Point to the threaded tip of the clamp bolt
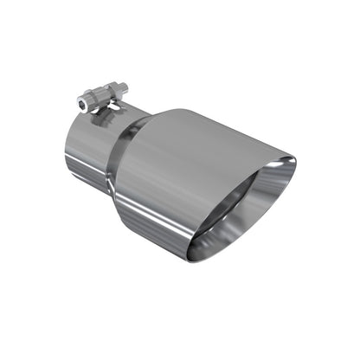pos(124,86)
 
